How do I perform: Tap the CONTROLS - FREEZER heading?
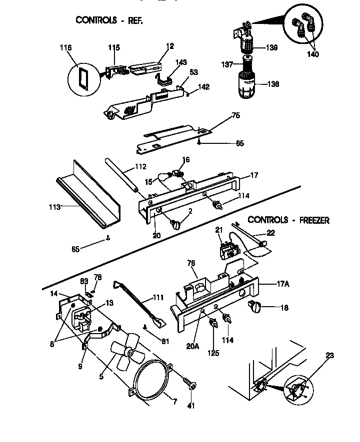pos(288,220)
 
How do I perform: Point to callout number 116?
pos(65,48)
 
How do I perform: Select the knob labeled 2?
pos(176,225)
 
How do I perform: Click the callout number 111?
pos(158,298)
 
